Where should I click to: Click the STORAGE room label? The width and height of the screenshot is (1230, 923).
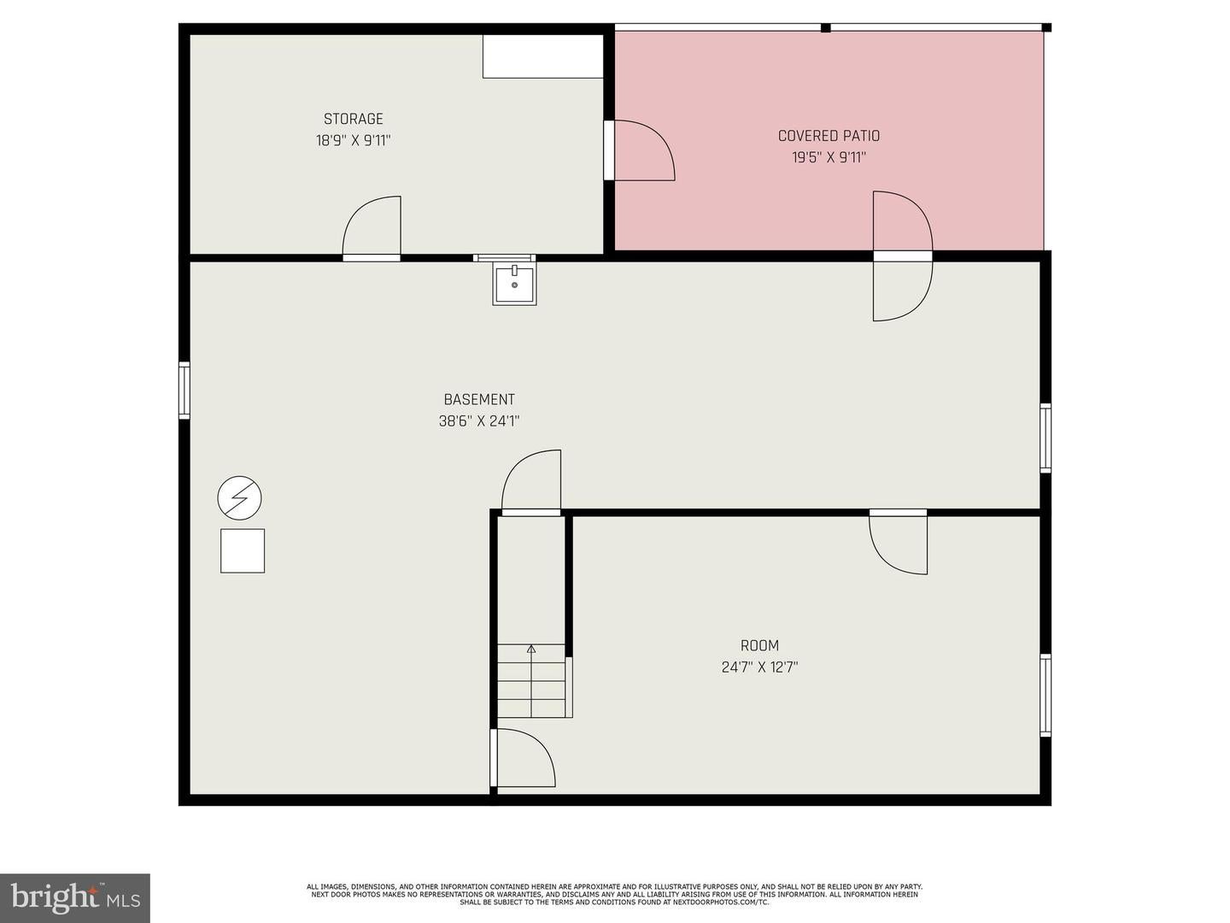tap(353, 120)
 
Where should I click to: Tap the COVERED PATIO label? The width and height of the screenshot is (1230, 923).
tap(829, 136)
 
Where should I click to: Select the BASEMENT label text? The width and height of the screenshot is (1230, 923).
tap(479, 400)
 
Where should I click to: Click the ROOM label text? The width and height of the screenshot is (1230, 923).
tap(759, 646)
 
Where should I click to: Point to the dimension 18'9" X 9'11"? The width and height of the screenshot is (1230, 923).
tap(353, 141)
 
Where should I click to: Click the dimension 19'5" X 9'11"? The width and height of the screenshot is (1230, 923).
tap(829, 157)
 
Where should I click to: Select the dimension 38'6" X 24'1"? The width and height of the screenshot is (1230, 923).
tap(479, 421)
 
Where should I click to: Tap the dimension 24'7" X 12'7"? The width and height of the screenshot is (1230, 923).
tap(759, 667)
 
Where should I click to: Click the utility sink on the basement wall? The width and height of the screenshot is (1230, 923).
tap(514, 284)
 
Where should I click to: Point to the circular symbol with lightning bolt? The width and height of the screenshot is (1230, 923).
tap(239, 497)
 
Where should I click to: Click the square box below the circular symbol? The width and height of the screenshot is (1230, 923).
tap(243, 550)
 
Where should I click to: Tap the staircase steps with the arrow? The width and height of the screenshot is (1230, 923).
tap(531, 681)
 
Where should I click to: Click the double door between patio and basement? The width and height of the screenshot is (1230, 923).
tap(902, 256)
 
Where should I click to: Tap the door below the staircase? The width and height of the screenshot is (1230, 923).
tap(523, 758)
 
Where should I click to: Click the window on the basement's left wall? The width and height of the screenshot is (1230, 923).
tap(184, 391)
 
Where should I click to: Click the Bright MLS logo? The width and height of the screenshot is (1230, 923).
tap(75, 897)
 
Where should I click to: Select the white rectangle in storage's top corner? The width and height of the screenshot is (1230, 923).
tap(543, 56)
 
